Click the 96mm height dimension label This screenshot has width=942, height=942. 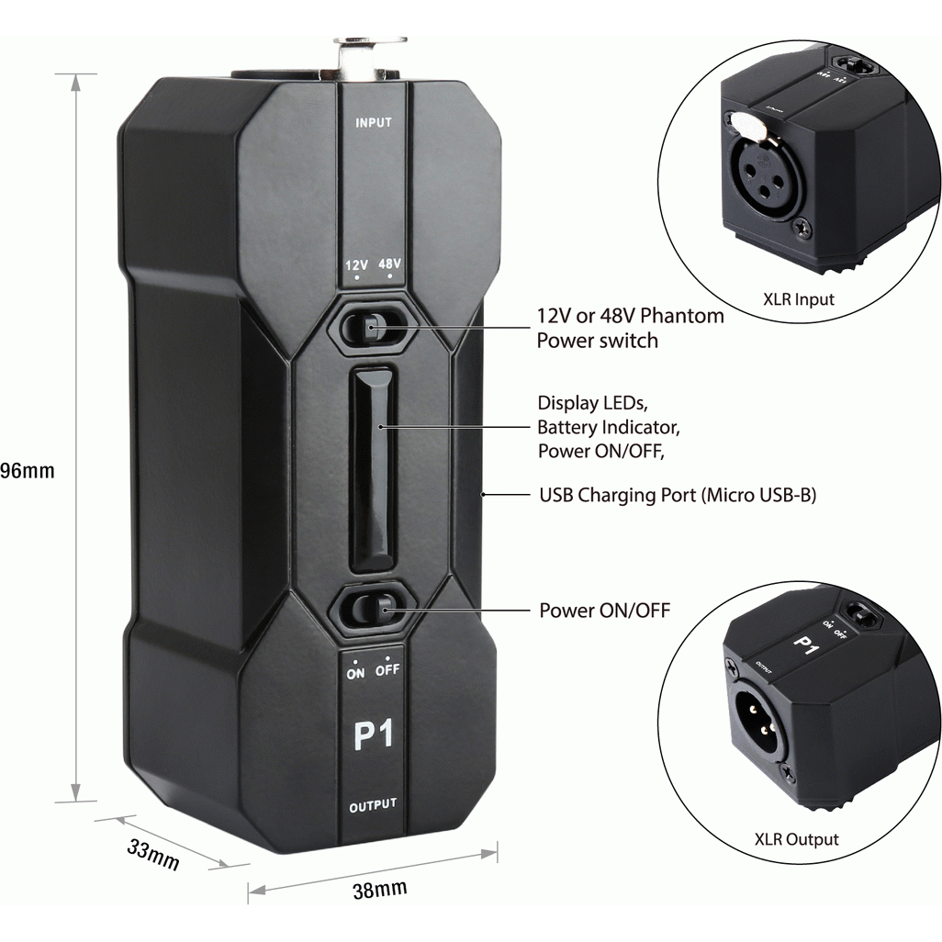[x=28, y=471]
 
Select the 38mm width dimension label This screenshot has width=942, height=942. [x=379, y=889]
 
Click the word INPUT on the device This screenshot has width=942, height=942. [x=374, y=122]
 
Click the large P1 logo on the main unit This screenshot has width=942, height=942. [x=373, y=735]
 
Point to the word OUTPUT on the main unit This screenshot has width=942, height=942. [x=373, y=805]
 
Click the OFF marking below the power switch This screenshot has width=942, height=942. [x=387, y=671]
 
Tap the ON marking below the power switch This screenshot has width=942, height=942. [x=356, y=671]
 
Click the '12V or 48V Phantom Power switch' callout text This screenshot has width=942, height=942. [x=630, y=328]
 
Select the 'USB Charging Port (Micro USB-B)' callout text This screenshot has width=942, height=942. [x=678, y=496]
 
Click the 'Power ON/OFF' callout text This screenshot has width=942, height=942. [x=604, y=610]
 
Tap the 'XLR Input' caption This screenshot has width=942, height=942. [x=799, y=299]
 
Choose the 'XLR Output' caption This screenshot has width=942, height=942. [x=796, y=839]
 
